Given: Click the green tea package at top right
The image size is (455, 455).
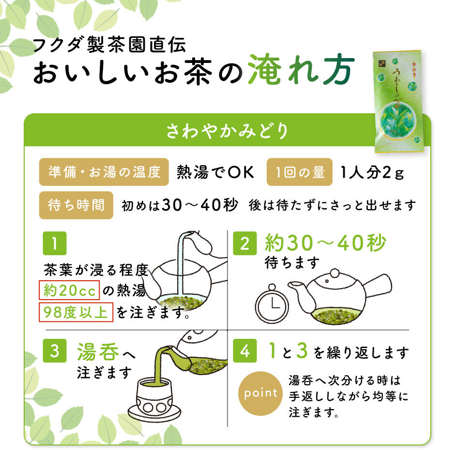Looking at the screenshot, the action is coord(398,102).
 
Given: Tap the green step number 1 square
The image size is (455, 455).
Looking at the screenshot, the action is coord(55,243).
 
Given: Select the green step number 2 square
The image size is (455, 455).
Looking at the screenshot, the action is coord(245,243).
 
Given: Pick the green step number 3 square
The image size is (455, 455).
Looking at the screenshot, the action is coord(55,350).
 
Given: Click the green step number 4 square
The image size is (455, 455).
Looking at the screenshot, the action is coord(245,350).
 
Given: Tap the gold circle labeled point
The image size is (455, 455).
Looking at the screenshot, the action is coord(260,394).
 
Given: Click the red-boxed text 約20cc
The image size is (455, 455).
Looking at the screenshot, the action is coord(69,290).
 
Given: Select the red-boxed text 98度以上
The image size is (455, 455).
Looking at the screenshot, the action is coord(76,312).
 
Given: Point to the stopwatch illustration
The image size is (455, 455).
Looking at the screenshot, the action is coord(272,303).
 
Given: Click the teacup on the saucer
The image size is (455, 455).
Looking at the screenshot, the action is coord(154,397).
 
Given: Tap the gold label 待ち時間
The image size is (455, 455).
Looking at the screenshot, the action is coord(76,205).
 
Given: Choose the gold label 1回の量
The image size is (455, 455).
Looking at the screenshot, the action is coord(300,172).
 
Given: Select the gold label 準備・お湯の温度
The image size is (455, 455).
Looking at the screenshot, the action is coord(104,172).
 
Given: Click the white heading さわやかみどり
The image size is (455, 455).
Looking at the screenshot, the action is coord(227,131).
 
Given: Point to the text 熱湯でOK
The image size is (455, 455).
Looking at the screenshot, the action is coord(215,172).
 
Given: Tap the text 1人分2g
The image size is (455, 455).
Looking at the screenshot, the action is coord(372,172).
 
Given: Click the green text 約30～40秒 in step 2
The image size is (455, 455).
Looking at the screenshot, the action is coord(325,243).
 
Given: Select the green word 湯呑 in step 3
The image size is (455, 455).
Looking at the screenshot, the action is coord(98,351).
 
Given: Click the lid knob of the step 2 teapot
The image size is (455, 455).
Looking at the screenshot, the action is coord(334,273).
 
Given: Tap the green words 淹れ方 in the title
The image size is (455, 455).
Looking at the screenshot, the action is coord(302,70).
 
